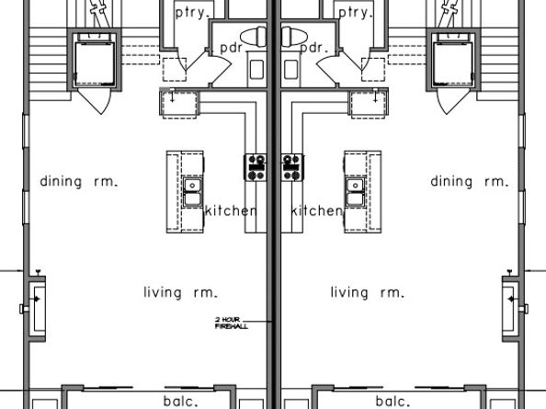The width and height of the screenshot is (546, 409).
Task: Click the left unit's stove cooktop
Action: coord(256,167)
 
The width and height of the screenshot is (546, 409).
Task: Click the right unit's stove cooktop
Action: coord(292,167)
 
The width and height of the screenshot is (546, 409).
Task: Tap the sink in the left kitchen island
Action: coord(192,192)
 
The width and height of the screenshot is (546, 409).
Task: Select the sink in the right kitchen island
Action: coord(356,192)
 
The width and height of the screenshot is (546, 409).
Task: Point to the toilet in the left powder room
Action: coord(254,37)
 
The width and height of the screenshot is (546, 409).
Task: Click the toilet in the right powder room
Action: coord(294,37)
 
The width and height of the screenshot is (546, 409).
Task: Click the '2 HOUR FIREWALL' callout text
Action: coord(232,323)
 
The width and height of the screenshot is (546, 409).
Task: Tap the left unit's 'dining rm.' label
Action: coord(79,181)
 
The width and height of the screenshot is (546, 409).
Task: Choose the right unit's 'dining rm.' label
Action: coord(470,181)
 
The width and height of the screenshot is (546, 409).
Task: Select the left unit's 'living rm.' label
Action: coord(181,292)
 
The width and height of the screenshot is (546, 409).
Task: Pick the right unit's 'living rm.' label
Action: coord(368,292)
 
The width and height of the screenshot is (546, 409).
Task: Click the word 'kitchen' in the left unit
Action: coord(232,210)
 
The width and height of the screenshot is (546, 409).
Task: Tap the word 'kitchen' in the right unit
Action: coord(317,210)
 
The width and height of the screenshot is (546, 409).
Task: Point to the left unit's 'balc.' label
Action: coord(181,402)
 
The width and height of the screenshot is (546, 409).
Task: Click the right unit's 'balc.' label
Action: coord(393,402)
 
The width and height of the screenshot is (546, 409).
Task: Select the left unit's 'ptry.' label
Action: coord(193,13)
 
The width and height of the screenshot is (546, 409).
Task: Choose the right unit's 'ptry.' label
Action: coord(356,13)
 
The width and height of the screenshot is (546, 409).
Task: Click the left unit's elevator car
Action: coord(95,64)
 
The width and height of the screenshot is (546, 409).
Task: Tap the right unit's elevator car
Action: coord(453,64)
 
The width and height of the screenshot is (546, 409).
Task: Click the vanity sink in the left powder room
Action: coord(256,70)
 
